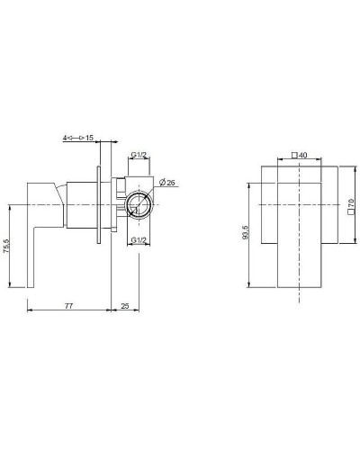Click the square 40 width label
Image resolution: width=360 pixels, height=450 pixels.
coord(300,156)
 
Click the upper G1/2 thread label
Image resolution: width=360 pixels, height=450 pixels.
coord(138,156)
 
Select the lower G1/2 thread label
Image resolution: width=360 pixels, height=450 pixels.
coord(138,241)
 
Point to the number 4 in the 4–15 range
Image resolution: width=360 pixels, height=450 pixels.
coord(66,136)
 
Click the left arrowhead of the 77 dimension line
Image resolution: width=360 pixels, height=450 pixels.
coord(31,312)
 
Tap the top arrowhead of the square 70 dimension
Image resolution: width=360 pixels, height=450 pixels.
coord(343,168)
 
